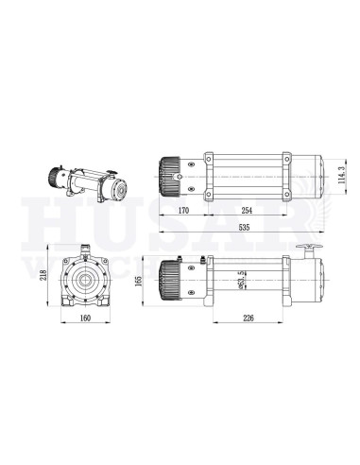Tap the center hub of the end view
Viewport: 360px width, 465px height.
pos(87,281)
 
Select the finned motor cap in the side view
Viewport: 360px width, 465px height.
pos(170,281)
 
